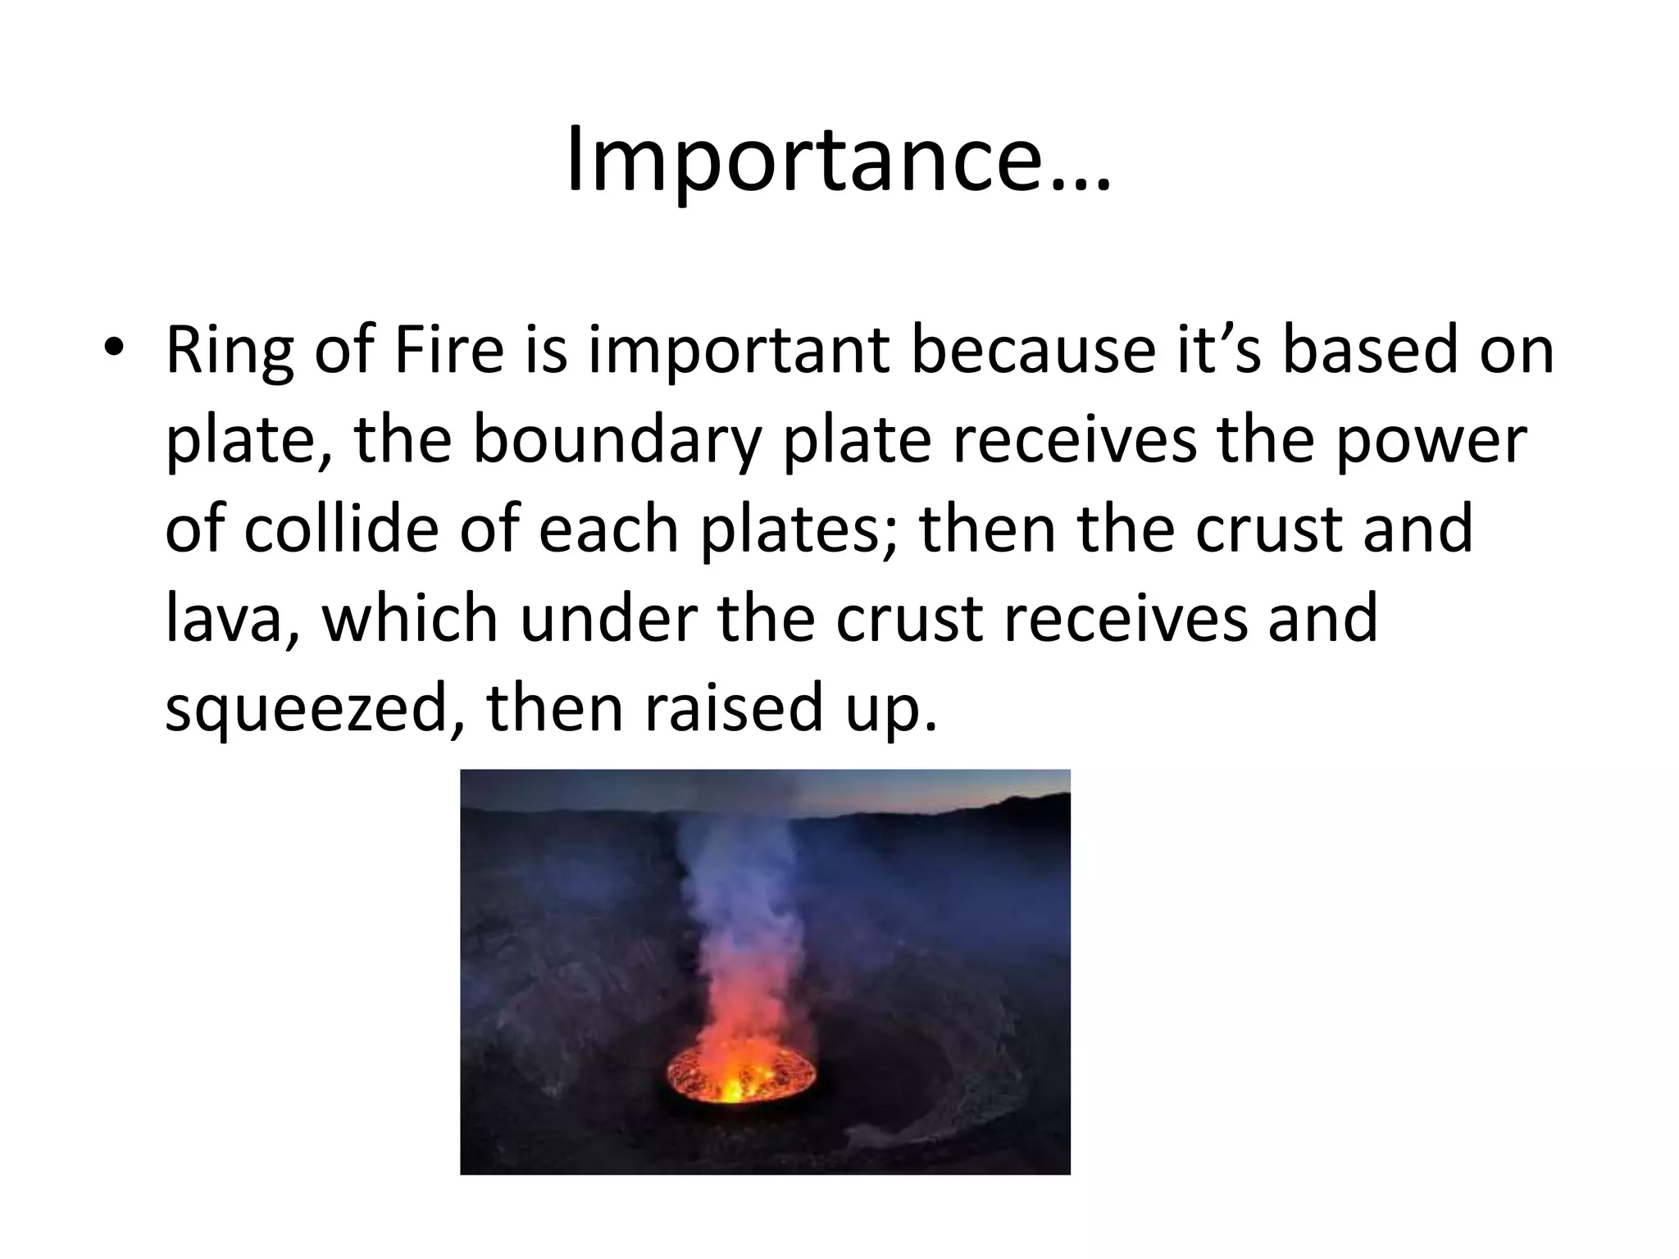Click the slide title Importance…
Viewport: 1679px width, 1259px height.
839,160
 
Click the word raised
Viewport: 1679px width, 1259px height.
733,708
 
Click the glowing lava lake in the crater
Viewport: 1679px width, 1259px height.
740,1073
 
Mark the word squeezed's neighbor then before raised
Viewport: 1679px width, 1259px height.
557,708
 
